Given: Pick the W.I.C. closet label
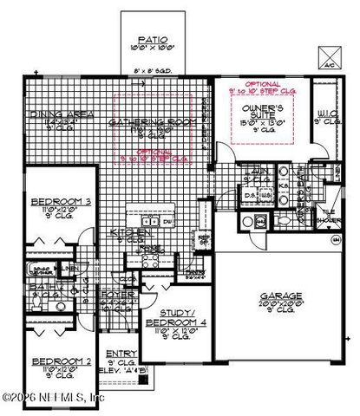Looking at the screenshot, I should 327,114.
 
